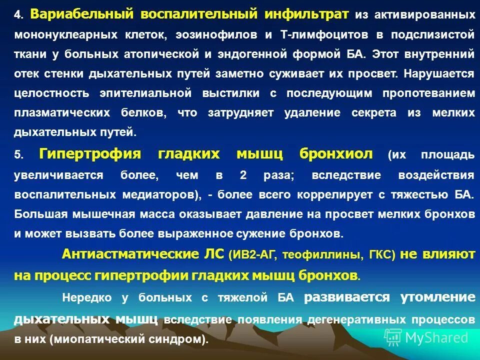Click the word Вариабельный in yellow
click(x=81, y=14)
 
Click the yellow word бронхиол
click(x=336, y=153)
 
